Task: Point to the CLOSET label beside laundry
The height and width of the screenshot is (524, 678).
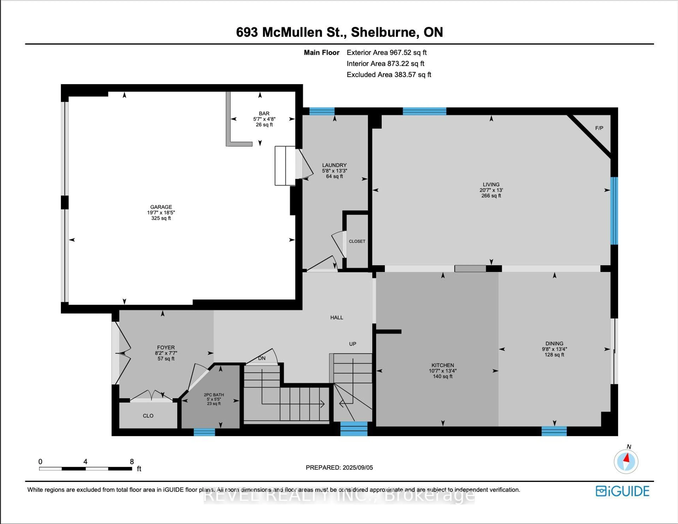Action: point(357,241)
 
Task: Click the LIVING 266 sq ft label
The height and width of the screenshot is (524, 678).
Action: point(491,190)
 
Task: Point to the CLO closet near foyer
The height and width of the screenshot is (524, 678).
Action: point(148,416)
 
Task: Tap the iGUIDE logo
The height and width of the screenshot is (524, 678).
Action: point(622,491)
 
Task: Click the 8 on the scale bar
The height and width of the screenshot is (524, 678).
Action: point(132,462)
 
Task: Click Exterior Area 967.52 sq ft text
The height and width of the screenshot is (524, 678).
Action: point(386,52)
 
